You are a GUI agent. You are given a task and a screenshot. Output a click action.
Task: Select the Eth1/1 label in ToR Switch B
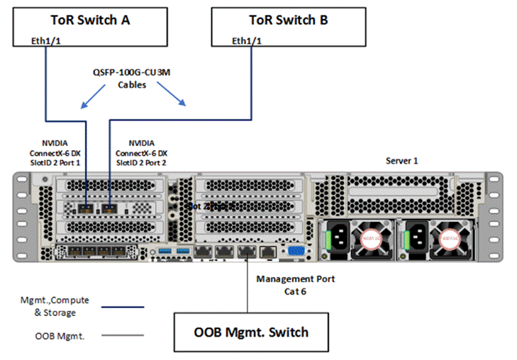click(247, 41)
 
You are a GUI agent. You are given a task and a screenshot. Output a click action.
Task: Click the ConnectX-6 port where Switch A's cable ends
click(84, 208)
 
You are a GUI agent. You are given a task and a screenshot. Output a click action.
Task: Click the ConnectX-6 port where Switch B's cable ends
click(109, 208)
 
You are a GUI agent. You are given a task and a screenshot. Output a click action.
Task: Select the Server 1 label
click(401, 161)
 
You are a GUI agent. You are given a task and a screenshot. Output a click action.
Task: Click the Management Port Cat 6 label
click(295, 284)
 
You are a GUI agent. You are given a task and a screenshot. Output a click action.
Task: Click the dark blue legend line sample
click(123, 308)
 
